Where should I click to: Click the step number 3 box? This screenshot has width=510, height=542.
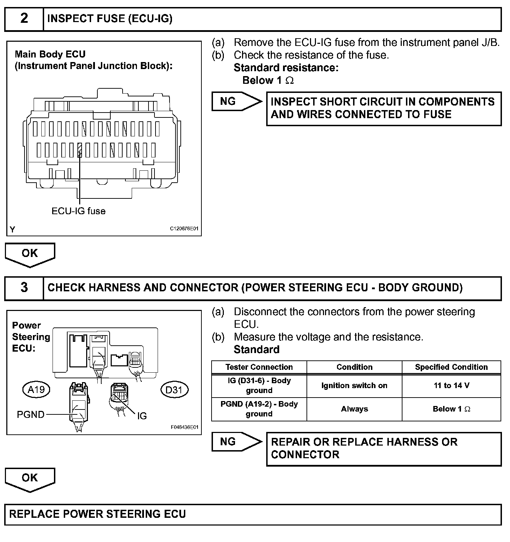click(x=24, y=288)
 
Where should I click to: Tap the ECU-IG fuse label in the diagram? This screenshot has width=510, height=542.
click(x=78, y=211)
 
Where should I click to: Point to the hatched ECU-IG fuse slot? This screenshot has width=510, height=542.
click(x=80, y=150)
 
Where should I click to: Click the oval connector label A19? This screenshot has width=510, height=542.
click(x=36, y=389)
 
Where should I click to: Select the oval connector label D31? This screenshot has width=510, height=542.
click(x=174, y=389)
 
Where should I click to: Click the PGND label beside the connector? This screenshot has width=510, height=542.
click(x=31, y=415)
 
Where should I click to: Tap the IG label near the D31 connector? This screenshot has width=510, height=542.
click(x=142, y=416)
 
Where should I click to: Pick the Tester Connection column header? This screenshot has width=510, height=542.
click(x=259, y=367)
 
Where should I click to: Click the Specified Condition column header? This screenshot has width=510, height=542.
click(x=451, y=367)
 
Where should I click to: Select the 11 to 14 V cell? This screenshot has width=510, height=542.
click(x=451, y=386)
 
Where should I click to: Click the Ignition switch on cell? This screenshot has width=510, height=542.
click(x=354, y=386)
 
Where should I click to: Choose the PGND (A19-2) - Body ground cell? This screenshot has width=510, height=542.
click(x=259, y=409)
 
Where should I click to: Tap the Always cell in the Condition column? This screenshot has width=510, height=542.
click(x=354, y=409)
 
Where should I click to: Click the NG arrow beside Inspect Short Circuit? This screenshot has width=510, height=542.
click(x=236, y=102)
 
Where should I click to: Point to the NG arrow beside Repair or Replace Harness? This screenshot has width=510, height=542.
click(x=236, y=442)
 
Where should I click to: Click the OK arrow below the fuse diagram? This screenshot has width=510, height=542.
click(x=30, y=254)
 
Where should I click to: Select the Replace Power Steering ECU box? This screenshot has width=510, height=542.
click(x=253, y=514)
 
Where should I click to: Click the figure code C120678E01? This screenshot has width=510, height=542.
click(x=184, y=229)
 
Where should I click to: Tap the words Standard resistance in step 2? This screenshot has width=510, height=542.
click(x=286, y=68)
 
